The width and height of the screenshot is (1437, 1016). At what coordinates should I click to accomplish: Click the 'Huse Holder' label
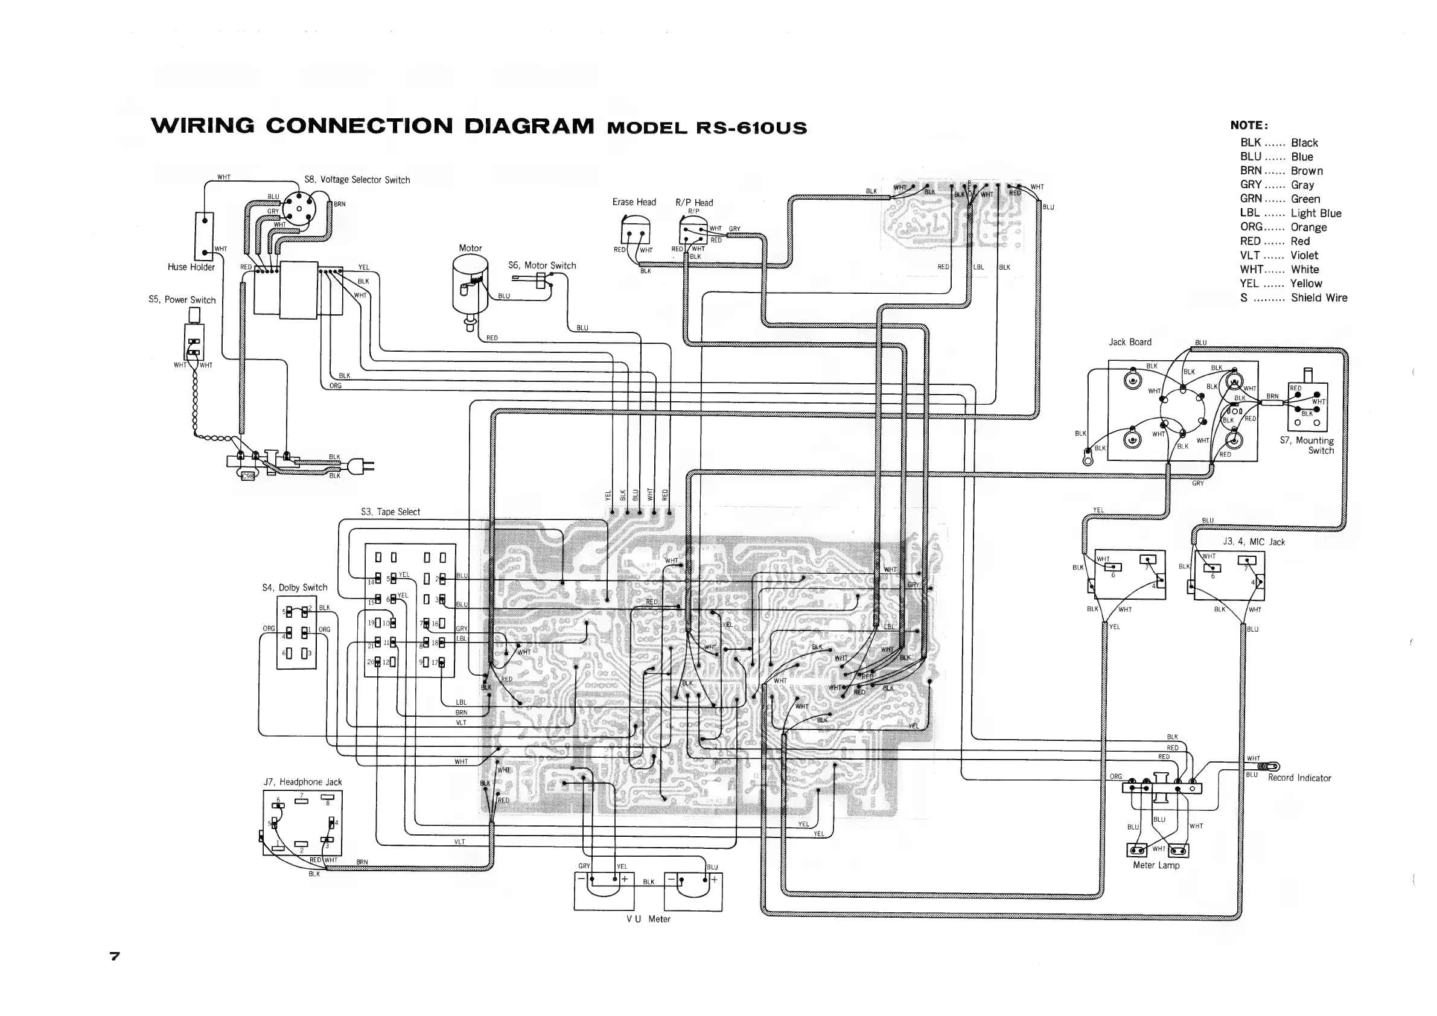(x=191, y=267)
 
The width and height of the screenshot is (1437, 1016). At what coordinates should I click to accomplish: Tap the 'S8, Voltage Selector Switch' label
(x=357, y=180)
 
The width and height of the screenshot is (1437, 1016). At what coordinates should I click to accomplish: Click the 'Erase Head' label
(x=634, y=202)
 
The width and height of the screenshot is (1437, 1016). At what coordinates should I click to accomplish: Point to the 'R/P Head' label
(x=694, y=203)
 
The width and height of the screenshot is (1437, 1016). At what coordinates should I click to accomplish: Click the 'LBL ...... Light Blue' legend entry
(x=1290, y=214)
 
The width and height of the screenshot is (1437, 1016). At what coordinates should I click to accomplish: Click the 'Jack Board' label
(x=1130, y=342)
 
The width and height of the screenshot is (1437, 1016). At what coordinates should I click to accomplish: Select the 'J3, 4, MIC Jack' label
(x=1254, y=542)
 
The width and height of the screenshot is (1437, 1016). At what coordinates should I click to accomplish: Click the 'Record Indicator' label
(x=1299, y=778)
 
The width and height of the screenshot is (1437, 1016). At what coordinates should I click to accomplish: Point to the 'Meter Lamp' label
(x=1156, y=865)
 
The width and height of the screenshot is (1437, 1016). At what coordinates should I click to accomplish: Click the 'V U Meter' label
(x=648, y=919)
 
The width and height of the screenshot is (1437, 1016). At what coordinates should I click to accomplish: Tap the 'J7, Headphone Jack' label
(x=303, y=782)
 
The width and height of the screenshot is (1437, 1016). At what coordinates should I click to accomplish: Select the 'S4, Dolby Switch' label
(x=295, y=588)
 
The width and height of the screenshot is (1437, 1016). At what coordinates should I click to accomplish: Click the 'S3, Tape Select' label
(x=390, y=512)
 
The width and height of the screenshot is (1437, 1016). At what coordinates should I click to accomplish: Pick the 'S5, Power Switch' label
(x=182, y=300)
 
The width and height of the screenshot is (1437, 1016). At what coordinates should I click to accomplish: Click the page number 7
(x=115, y=956)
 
